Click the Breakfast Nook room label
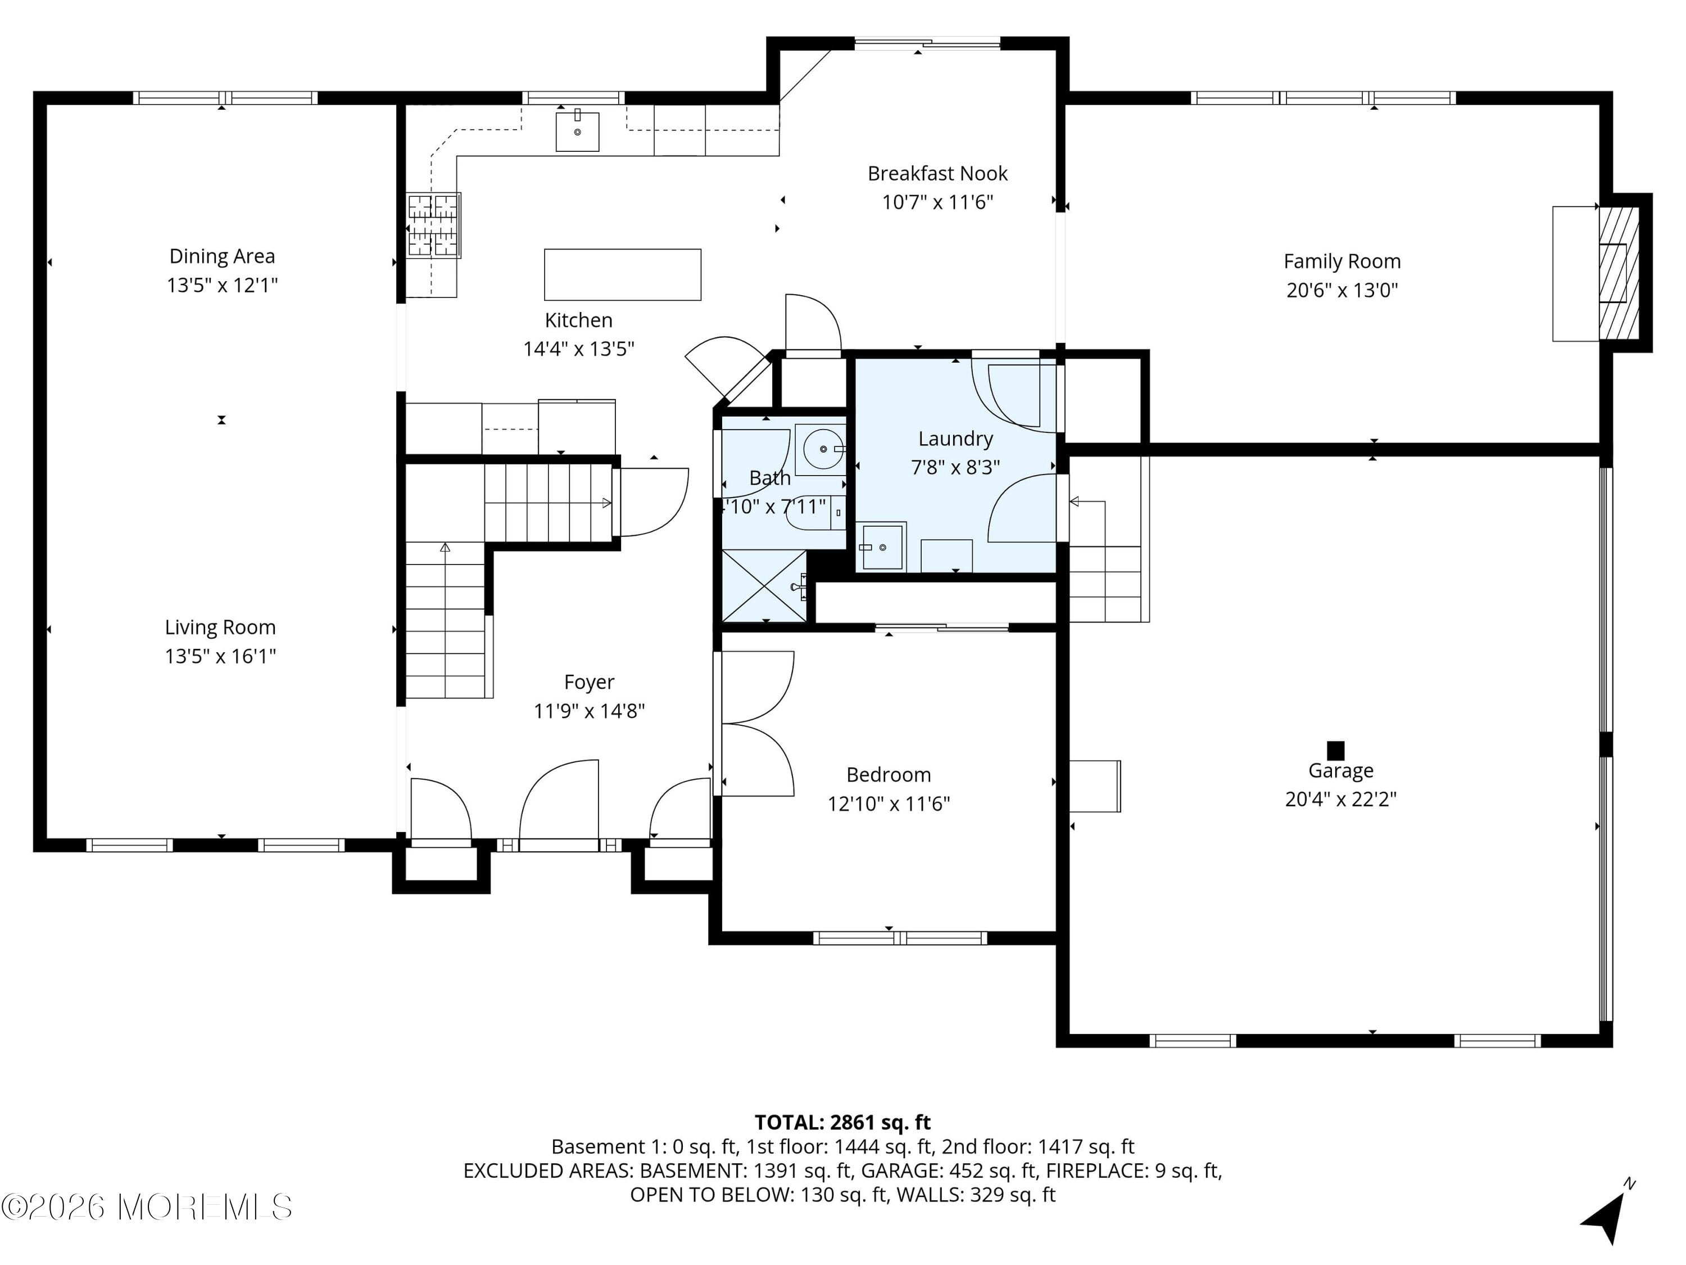pos(937,174)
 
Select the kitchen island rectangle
pos(622,274)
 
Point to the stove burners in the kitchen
pos(433,225)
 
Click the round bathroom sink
pos(822,449)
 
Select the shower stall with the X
pos(764,586)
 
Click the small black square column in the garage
pos(1335,751)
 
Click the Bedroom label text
pos(888,775)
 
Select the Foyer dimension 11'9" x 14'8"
pos(588,711)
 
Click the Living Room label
pos(220,627)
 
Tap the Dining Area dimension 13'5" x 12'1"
pos(222,285)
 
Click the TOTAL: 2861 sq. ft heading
pos(842,1122)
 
